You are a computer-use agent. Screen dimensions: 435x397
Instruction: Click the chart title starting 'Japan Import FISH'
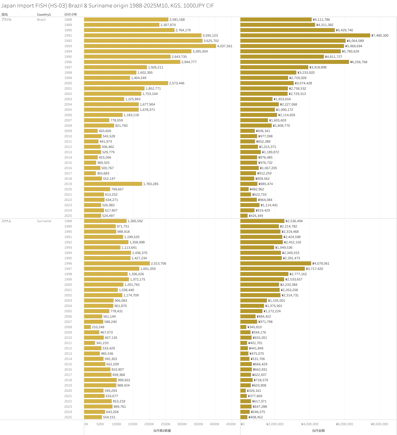coord(107,6)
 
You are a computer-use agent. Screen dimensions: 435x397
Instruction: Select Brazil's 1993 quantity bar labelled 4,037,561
coord(150,46)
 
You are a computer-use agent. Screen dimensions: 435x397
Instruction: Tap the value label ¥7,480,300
coord(380,36)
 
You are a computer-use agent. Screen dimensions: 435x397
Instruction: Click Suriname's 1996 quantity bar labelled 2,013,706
coord(117,263)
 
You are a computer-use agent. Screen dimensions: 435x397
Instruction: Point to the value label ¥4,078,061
coord(321,263)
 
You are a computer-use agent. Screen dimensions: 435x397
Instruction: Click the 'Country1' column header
coord(44,15)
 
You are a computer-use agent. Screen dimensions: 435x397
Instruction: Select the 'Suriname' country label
coord(44,221)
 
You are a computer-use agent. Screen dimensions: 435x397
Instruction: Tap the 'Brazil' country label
coord(41,20)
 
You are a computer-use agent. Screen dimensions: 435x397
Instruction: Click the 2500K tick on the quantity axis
coord(166,424)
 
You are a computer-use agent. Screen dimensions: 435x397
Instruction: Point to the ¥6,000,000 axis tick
coord(344,424)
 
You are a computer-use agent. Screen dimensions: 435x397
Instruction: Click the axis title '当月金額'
coord(318,431)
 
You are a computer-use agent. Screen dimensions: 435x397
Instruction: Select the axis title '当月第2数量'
coord(162,431)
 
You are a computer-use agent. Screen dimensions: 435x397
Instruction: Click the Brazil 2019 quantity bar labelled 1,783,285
coord(113,184)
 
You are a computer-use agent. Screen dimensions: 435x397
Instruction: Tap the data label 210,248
coord(98,327)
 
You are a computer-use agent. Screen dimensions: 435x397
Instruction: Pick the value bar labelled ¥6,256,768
coord(295,62)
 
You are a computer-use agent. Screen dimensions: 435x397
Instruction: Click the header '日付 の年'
coord(70,15)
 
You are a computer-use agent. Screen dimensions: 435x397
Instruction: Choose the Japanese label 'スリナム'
coord(6,221)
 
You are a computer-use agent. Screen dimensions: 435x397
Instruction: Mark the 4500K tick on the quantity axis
coord(231,424)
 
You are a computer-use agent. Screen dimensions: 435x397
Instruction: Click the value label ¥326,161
coord(254,391)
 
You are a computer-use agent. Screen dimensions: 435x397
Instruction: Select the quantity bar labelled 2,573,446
coord(126,83)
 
